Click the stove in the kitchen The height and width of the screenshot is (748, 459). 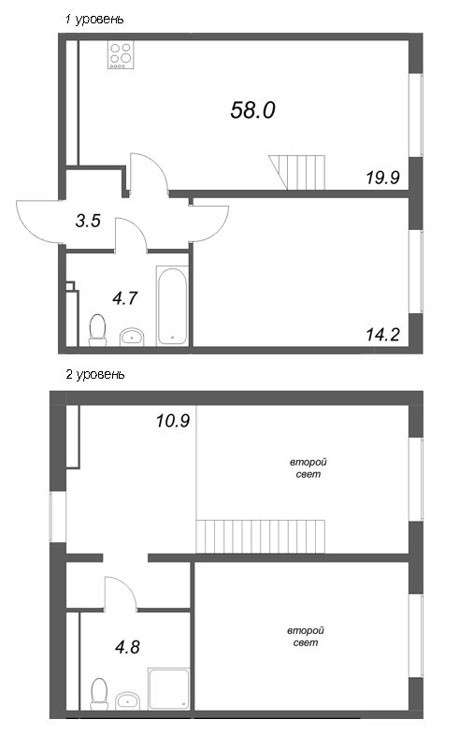pyautogui.click(x=121, y=55)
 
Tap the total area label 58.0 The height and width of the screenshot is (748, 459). pyautogui.click(x=252, y=110)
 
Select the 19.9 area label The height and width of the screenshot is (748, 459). pyautogui.click(x=382, y=177)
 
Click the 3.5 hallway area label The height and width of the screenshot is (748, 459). pyautogui.click(x=88, y=221)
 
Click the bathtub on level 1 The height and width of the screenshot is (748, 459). pyautogui.click(x=173, y=306)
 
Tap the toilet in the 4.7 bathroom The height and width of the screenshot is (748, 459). pyautogui.click(x=95, y=329)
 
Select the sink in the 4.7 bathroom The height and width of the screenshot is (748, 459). pyautogui.click(x=133, y=336)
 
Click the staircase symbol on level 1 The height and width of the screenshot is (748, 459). pyautogui.click(x=301, y=171)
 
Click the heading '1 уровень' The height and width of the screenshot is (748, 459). pyautogui.click(x=93, y=20)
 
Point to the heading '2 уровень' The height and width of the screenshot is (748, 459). pyautogui.click(x=93, y=374)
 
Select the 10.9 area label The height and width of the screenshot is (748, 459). pyautogui.click(x=173, y=421)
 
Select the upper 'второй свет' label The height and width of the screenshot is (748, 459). pyautogui.click(x=306, y=468)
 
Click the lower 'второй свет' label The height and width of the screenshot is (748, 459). pyautogui.click(x=306, y=638)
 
